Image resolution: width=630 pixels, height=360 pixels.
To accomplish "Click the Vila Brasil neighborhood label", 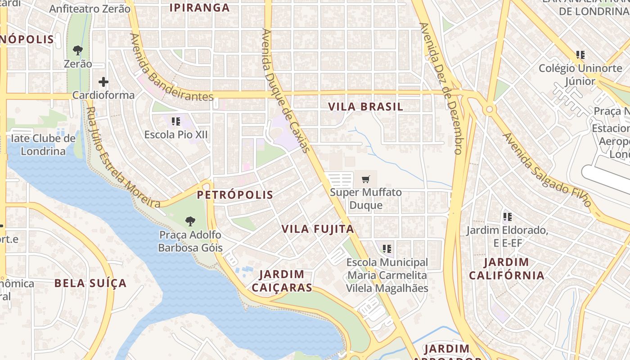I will click(x=365, y=107).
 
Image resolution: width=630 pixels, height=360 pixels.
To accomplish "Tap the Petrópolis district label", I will click(x=235, y=194).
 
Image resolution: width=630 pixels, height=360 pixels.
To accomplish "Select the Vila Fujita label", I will click(x=318, y=229).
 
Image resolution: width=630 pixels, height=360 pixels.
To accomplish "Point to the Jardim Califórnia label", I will click(x=507, y=269).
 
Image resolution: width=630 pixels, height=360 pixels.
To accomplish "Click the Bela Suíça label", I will click(x=90, y=283).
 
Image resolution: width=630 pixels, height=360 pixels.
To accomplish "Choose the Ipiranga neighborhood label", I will click(x=200, y=8).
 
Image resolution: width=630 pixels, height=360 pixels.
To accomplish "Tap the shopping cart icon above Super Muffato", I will click(x=366, y=180).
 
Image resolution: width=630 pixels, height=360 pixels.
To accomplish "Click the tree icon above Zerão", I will click(x=78, y=50).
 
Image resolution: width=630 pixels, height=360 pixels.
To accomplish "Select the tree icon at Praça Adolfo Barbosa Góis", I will click(x=190, y=221).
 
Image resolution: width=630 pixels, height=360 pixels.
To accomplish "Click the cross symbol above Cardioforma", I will click(x=103, y=82).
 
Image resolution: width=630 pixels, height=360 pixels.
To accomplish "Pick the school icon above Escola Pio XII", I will click(x=176, y=121).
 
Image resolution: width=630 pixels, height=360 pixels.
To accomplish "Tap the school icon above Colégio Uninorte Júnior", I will click(x=580, y=55).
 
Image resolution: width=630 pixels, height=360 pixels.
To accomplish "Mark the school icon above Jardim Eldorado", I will click(x=507, y=217).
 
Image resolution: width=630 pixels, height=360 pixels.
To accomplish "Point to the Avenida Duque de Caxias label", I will click(x=286, y=90).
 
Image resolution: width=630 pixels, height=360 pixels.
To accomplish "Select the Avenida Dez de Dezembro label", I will click(x=441, y=88).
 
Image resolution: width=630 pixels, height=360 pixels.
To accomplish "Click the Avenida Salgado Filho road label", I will click(x=547, y=170).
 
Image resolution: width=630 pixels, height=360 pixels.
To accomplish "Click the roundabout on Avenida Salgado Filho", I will click(x=489, y=109).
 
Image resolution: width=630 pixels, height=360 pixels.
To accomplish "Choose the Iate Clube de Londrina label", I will click(x=43, y=144).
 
